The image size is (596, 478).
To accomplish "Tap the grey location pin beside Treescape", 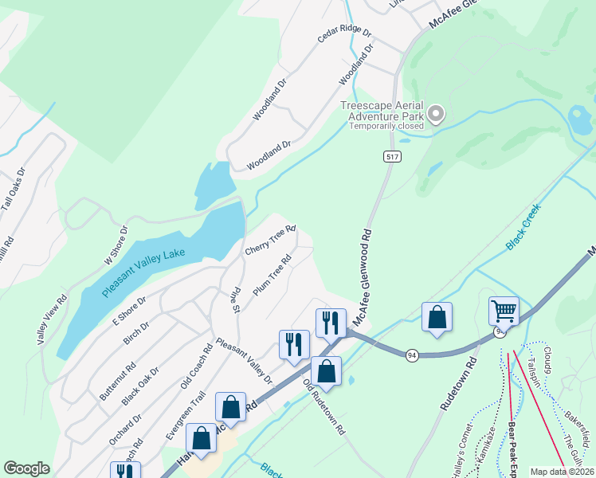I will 435,116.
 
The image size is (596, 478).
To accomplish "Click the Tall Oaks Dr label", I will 13,189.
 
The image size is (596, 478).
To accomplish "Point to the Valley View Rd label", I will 48,316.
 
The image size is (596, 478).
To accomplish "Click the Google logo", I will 27,468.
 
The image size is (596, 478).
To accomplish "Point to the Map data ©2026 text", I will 562,472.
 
